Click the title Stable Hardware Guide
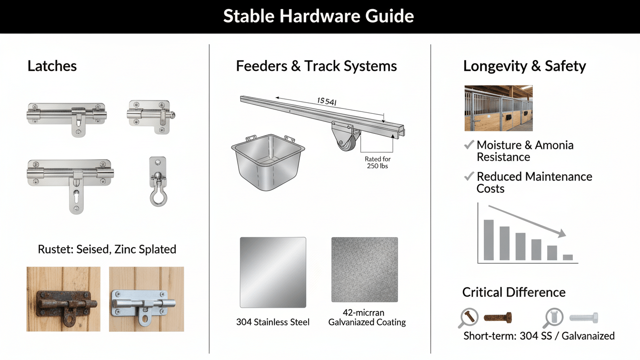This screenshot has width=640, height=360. (319, 17)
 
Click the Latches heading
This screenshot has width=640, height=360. (52, 66)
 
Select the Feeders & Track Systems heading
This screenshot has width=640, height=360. (316, 66)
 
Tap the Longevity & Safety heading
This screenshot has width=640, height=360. (524, 66)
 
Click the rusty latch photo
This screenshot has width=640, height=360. (63, 299)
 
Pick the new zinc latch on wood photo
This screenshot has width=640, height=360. (146, 299)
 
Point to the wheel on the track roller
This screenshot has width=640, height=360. (346, 142)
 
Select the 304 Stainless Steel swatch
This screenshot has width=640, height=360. (273, 272)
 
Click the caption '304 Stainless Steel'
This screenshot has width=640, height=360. (273, 322)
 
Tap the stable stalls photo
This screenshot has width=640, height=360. (499, 108)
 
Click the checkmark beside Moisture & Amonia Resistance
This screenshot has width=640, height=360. (469, 145)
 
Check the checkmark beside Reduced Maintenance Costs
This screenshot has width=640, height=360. (469, 177)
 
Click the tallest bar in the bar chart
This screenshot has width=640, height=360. (489, 240)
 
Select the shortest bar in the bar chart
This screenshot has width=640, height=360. (568, 257)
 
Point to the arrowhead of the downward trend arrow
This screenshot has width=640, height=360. (562, 233)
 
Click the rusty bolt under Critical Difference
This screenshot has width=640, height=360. (498, 317)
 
